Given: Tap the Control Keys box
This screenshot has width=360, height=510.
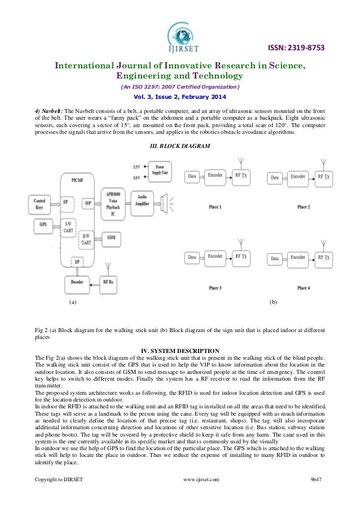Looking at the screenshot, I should click(39, 203).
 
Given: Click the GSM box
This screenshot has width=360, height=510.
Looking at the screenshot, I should click(112, 238).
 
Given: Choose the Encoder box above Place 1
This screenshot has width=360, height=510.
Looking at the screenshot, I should click(215, 176).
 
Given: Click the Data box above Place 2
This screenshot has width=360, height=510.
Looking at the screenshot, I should click(275, 177).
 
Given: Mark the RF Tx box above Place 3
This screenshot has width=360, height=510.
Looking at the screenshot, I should click(241, 257).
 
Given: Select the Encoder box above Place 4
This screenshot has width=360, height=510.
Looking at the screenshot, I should click(297, 258).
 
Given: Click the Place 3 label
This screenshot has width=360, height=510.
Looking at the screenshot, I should click(215, 288).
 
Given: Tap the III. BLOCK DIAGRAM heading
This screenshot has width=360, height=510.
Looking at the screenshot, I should click(179, 147).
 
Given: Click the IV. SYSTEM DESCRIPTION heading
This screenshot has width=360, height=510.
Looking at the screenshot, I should click(179, 352).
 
